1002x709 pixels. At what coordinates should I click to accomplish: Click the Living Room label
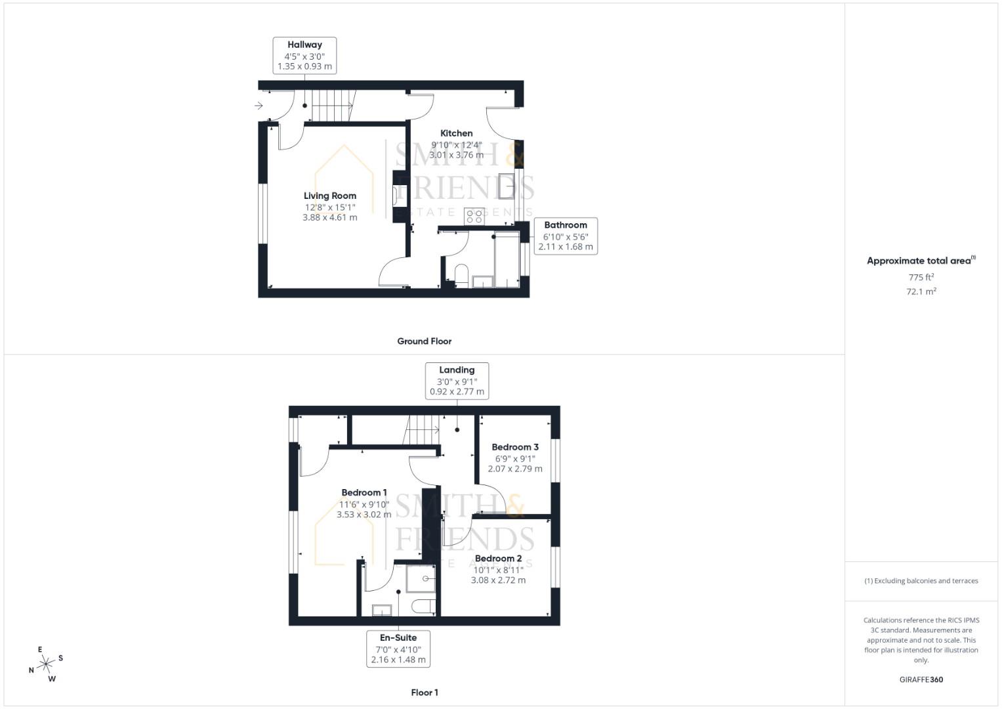329,196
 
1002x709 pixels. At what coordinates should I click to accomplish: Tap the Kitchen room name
456,133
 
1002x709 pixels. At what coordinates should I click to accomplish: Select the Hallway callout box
304,55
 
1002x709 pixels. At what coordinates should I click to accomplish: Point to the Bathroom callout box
565,236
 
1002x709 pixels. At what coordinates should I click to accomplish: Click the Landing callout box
457,381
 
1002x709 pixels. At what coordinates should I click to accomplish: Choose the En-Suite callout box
398,649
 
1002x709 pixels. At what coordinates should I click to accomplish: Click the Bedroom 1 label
364,492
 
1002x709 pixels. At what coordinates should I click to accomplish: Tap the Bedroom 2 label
498,559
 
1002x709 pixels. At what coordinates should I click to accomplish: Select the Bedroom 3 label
515,447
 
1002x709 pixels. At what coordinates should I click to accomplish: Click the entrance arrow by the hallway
259,105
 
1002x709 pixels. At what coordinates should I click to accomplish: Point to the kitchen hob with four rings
474,216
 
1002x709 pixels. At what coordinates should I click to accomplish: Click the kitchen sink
507,186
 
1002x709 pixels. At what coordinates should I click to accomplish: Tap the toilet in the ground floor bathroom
461,276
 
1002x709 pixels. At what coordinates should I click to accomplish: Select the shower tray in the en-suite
421,578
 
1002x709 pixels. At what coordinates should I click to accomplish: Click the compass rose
45,664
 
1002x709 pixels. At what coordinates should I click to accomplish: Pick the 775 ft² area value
921,277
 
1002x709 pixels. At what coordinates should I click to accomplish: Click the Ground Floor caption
424,341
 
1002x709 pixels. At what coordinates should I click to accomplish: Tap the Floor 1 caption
424,693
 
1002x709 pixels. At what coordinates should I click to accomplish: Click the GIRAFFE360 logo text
921,679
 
